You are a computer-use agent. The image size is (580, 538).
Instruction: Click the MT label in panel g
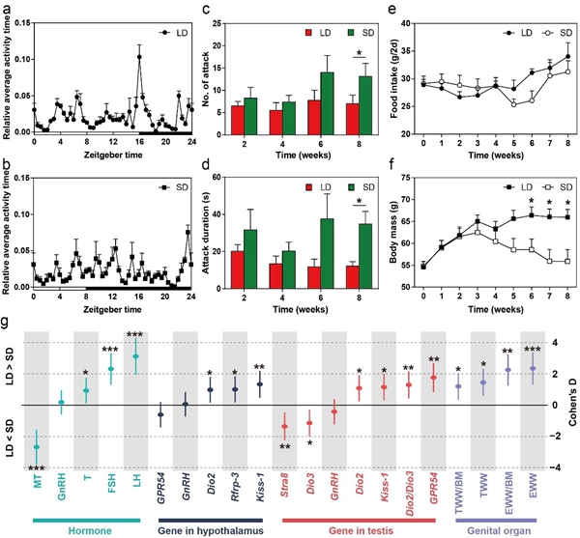[36, 479]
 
